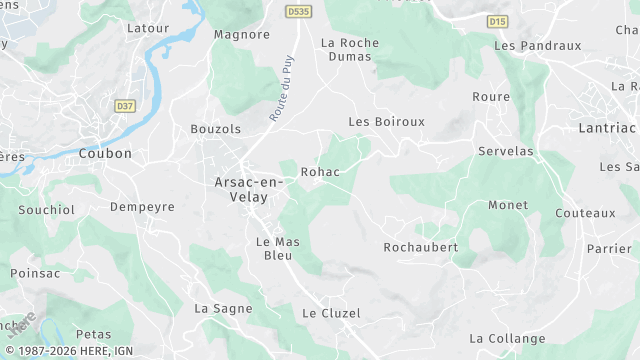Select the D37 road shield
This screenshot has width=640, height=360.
(125, 105)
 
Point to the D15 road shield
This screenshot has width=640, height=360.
(498, 20)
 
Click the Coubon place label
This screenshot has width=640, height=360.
(105, 154)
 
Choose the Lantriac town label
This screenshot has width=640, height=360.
(607, 128)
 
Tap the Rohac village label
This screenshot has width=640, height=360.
(320, 172)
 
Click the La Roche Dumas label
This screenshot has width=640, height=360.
(346, 50)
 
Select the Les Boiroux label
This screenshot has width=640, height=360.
(386, 122)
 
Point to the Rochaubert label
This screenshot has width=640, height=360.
(421, 247)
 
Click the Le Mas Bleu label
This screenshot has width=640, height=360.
(278, 249)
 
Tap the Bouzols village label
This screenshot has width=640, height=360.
(216, 129)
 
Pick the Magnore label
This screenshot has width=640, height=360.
(242, 35)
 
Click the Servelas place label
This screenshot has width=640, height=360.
(506, 151)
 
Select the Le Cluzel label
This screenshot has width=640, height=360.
(331, 313)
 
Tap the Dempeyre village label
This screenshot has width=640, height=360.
(142, 207)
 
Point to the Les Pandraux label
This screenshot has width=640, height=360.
(538, 46)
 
